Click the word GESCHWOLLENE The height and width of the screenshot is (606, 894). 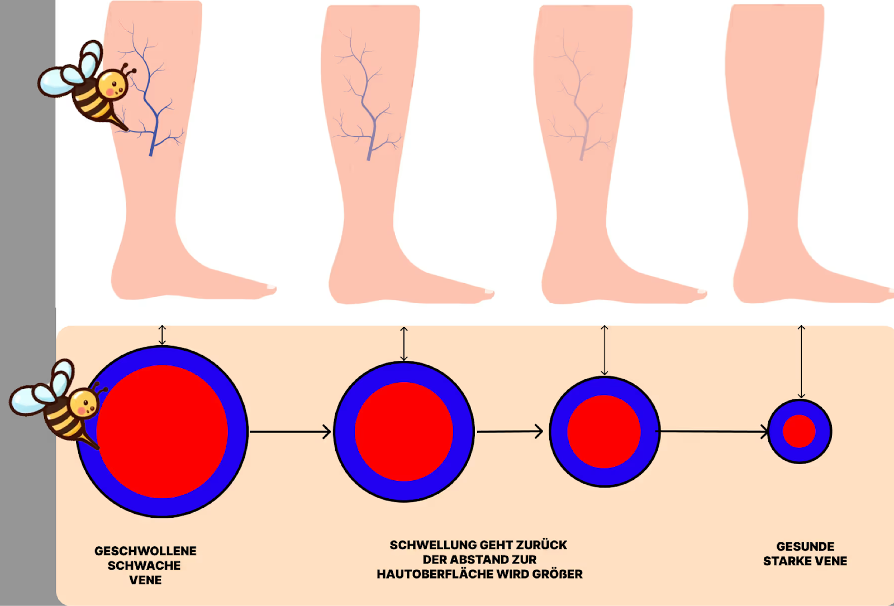[145, 551]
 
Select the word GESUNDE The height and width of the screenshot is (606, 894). [805, 547]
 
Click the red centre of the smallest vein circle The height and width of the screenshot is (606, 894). [799, 431]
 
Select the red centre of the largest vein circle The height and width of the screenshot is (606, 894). [162, 431]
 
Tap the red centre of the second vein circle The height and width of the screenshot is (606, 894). [404, 431]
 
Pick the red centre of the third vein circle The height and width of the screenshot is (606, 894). [604, 431]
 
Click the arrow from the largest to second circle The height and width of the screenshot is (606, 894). [290, 432]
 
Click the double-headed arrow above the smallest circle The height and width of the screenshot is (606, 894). [801, 361]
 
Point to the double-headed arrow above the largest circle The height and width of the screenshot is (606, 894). [162, 335]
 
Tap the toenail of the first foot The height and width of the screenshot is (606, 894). [272, 287]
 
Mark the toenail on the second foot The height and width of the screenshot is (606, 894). [489, 291]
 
